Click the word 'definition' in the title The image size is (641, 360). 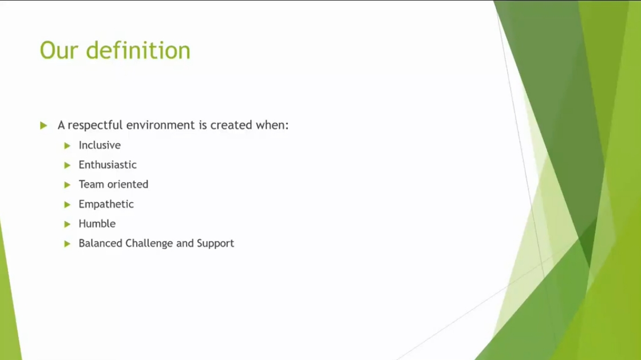[138, 50]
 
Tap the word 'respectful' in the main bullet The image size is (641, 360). [95, 125]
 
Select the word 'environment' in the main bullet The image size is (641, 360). [161, 125]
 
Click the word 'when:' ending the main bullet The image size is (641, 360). [272, 125]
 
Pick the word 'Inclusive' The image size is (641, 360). [100, 145]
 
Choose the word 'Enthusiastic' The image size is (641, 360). [108, 165]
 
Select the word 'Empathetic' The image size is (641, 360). [106, 204]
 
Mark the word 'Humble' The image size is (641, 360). [97, 224]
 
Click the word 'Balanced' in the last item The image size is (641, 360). [101, 243]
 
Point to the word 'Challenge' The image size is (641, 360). [149, 244]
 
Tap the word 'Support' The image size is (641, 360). [215, 244]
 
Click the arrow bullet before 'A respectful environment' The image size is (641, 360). [43, 125]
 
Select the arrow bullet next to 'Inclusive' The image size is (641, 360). [68, 145]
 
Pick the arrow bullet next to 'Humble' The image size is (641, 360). [68, 224]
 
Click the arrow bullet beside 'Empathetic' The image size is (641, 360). [68, 204]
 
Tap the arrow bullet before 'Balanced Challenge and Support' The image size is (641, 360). [68, 244]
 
